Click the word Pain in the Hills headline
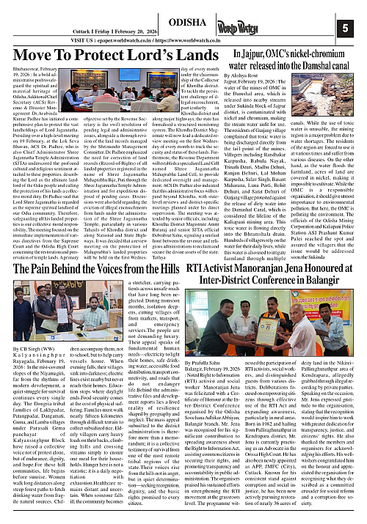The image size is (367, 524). [x=31, y=268]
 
